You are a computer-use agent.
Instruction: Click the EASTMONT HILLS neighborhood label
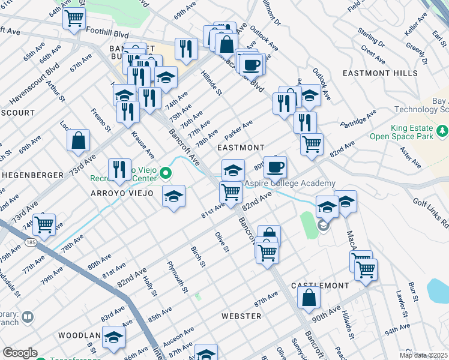point(379,73)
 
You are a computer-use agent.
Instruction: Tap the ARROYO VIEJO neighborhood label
point(126,193)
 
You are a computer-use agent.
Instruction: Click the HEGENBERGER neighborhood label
point(33,175)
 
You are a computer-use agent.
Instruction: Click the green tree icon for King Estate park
point(442,130)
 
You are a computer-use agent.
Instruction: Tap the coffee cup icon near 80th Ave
point(275,166)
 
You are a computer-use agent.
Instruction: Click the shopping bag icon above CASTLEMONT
point(309,297)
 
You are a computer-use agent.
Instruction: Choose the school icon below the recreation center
point(173,197)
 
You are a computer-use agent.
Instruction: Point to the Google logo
point(20,353)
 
